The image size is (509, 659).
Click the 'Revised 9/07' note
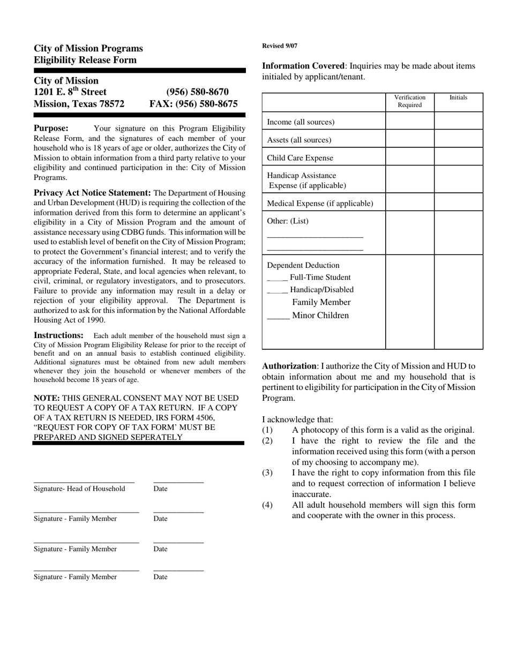(x=280, y=46)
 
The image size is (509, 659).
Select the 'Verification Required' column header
(x=410, y=101)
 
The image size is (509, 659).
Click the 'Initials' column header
(x=458, y=98)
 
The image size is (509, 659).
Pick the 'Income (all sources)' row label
(x=301, y=122)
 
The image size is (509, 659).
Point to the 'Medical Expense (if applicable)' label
(x=320, y=203)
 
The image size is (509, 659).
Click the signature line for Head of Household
(x=84, y=482)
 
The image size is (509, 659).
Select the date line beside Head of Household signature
(x=178, y=482)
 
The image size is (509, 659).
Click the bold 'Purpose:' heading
(x=51, y=128)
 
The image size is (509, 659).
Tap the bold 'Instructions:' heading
(x=58, y=335)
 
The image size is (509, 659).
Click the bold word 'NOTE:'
(x=47, y=398)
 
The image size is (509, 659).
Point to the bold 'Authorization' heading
(x=289, y=366)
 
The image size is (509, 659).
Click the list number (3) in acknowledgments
(x=267, y=473)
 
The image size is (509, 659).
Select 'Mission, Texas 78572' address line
(x=79, y=104)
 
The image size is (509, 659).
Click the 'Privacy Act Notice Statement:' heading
(x=92, y=193)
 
